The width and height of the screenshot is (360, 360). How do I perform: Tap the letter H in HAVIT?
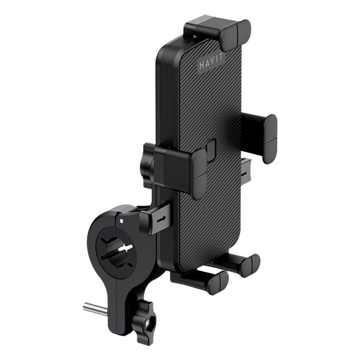202,65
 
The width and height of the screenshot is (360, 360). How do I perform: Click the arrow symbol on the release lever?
161,219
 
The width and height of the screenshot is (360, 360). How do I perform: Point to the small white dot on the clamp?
121,221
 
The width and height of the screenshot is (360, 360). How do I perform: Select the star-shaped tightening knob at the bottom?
144,322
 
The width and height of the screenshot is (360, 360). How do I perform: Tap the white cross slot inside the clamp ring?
125,248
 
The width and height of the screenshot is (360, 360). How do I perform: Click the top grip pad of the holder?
236,35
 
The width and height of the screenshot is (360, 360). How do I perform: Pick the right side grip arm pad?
270,139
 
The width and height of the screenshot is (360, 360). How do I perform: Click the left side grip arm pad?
199,174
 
